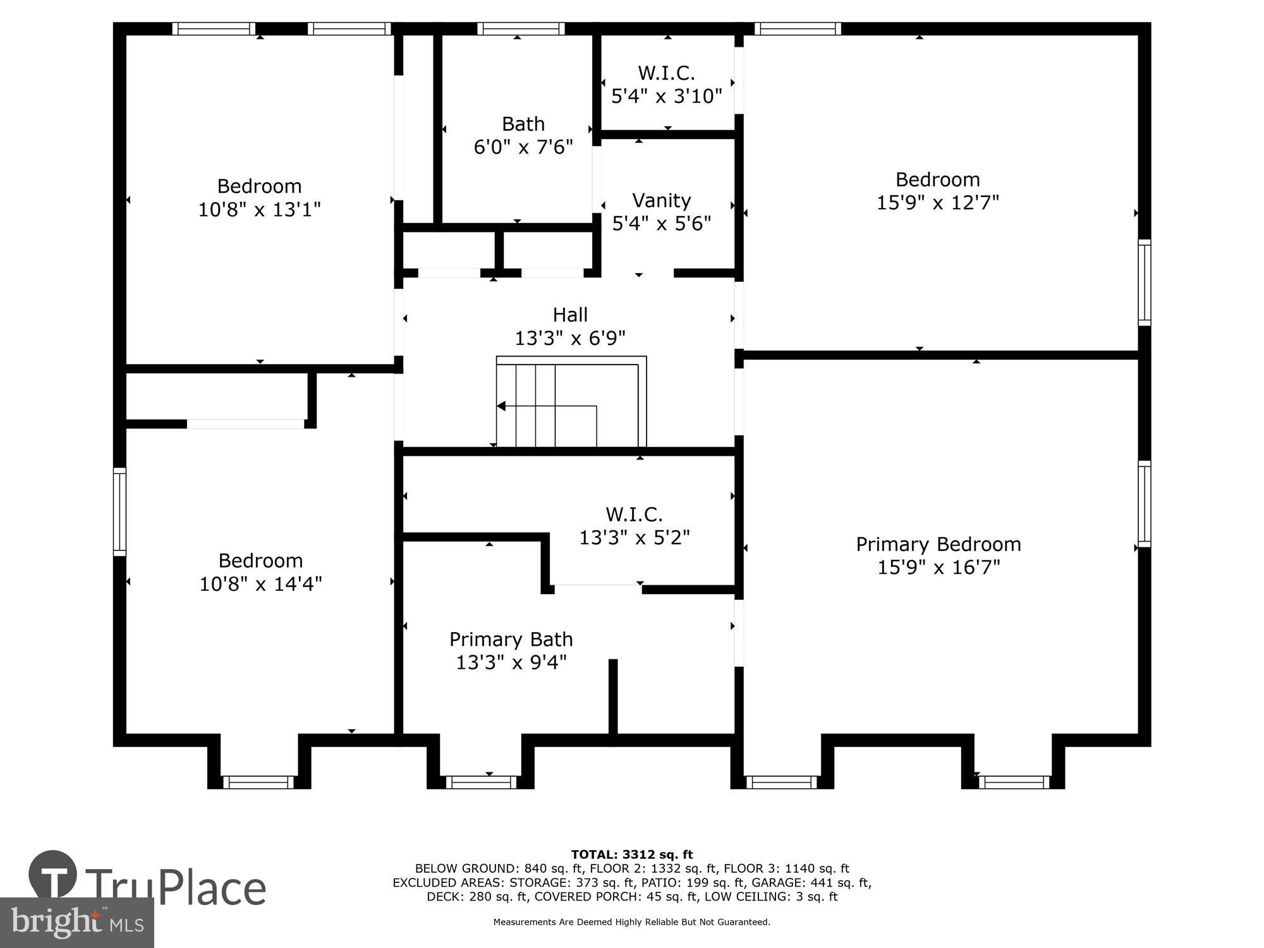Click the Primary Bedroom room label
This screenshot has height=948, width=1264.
(x=938, y=544)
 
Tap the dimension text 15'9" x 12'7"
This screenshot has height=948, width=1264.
(x=937, y=203)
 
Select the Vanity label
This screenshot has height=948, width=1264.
(x=661, y=200)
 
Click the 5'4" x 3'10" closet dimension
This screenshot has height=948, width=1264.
(x=666, y=96)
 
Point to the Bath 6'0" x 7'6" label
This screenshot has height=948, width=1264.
(x=523, y=135)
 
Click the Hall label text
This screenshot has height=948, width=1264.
(x=570, y=315)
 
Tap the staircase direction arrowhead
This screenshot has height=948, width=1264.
(x=501, y=406)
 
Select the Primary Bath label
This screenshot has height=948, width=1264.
(x=511, y=640)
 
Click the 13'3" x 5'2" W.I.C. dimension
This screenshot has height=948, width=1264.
(x=635, y=538)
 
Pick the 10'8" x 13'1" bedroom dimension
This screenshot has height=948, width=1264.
(x=259, y=210)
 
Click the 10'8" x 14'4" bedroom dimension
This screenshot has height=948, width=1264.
(x=260, y=584)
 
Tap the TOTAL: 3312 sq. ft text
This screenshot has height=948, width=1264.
(x=631, y=855)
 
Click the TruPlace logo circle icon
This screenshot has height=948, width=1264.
(x=53, y=875)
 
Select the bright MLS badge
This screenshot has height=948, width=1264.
(x=76, y=923)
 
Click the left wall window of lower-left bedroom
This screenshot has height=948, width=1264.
(x=119, y=512)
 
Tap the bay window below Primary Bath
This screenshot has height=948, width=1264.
(x=481, y=782)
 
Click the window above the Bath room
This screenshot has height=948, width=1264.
(x=521, y=28)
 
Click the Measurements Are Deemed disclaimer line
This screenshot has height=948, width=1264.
(x=631, y=922)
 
